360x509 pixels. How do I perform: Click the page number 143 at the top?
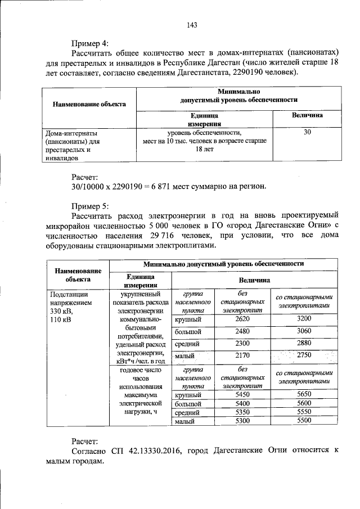point(191,25)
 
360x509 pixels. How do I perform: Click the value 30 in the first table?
point(307,133)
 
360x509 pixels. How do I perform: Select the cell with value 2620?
point(242,318)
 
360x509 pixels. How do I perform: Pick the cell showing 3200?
point(304,318)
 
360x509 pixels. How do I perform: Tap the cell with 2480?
point(242,331)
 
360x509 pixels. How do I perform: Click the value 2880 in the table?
point(304,343)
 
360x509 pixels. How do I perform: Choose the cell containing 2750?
point(304,355)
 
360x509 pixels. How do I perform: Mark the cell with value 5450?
point(242,395)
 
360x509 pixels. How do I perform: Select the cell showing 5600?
point(304,404)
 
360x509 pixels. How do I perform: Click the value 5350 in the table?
point(242,412)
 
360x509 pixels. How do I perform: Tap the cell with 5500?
point(304,420)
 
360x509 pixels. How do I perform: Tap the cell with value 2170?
point(242,355)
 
